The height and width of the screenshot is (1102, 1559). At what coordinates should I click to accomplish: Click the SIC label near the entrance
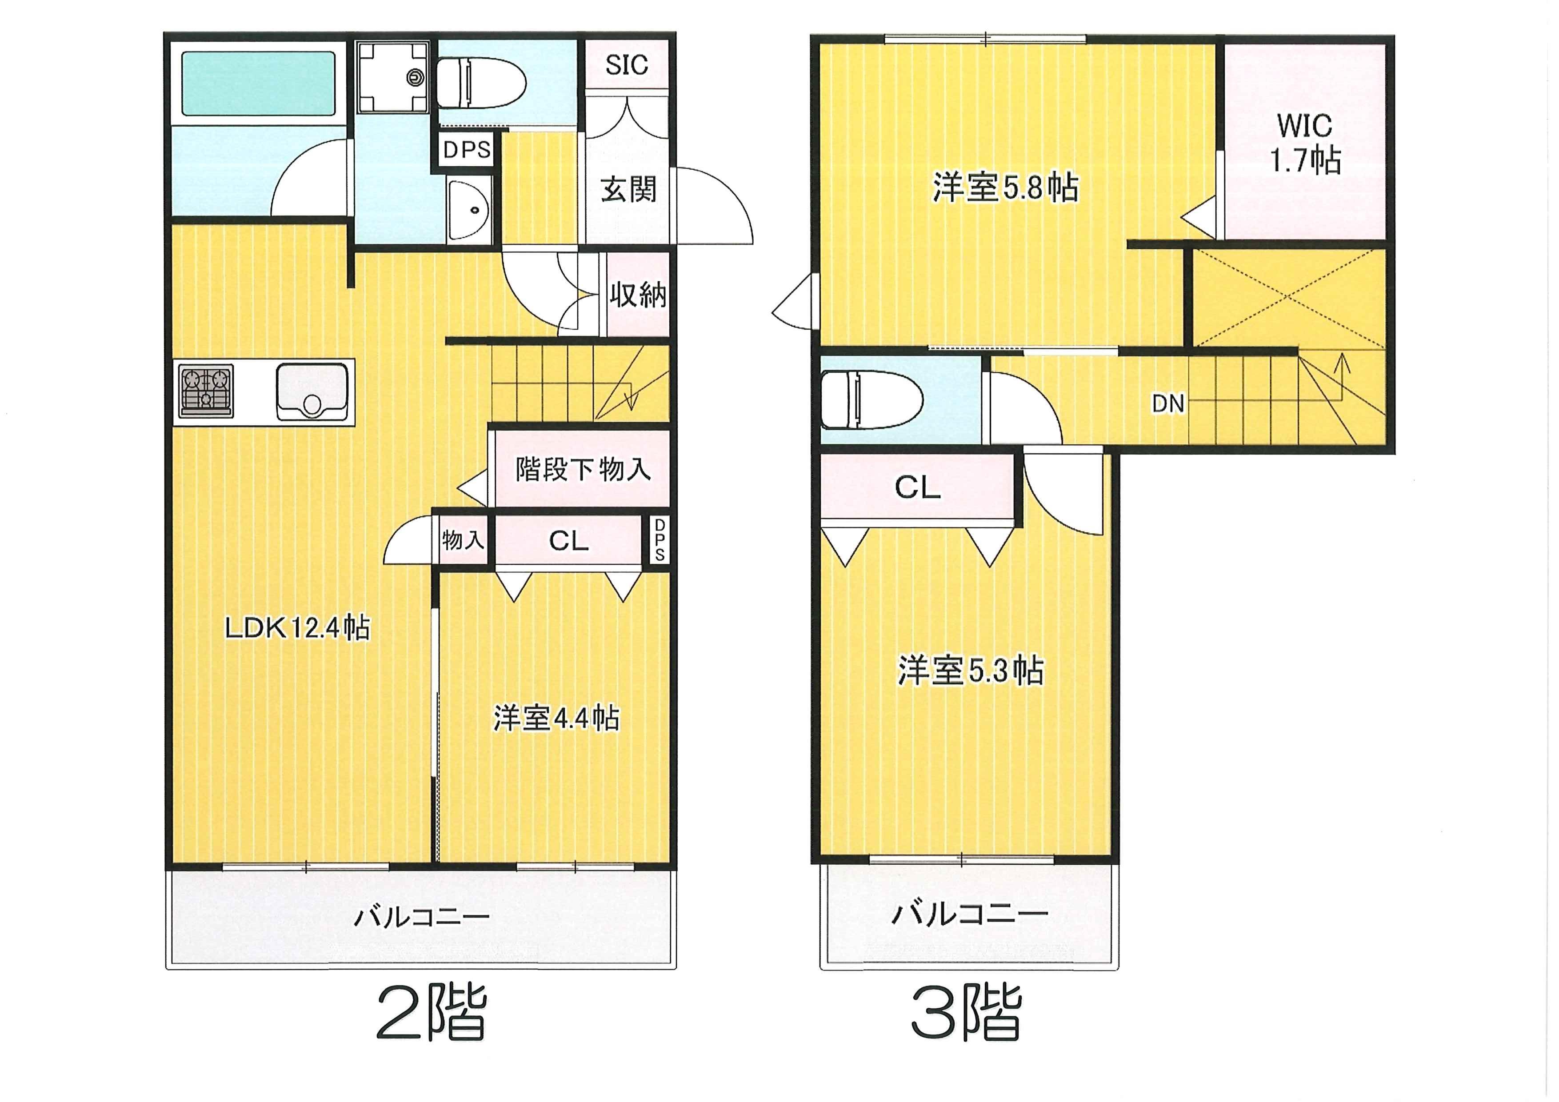[626, 65]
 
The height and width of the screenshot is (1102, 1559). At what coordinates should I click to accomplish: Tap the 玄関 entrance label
[629, 189]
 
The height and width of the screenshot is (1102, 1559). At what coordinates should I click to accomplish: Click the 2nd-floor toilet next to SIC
[481, 83]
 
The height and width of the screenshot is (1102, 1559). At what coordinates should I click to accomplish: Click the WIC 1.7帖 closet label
[1305, 143]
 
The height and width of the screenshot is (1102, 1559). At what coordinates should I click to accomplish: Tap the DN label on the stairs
[1168, 404]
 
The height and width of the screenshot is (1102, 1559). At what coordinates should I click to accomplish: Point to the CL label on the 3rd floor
[917, 487]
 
